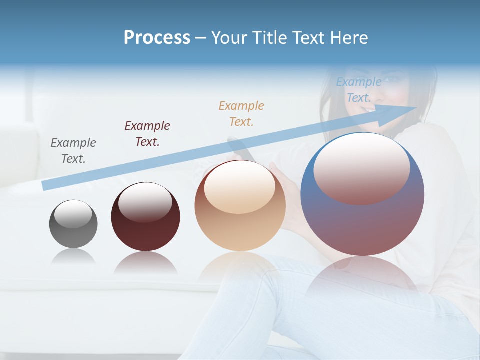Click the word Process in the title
157,38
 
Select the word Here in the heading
349,38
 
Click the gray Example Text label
73,151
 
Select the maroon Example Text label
147,134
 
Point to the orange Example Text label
241,114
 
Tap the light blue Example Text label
358,90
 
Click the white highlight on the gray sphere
73,214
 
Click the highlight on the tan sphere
239,187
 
